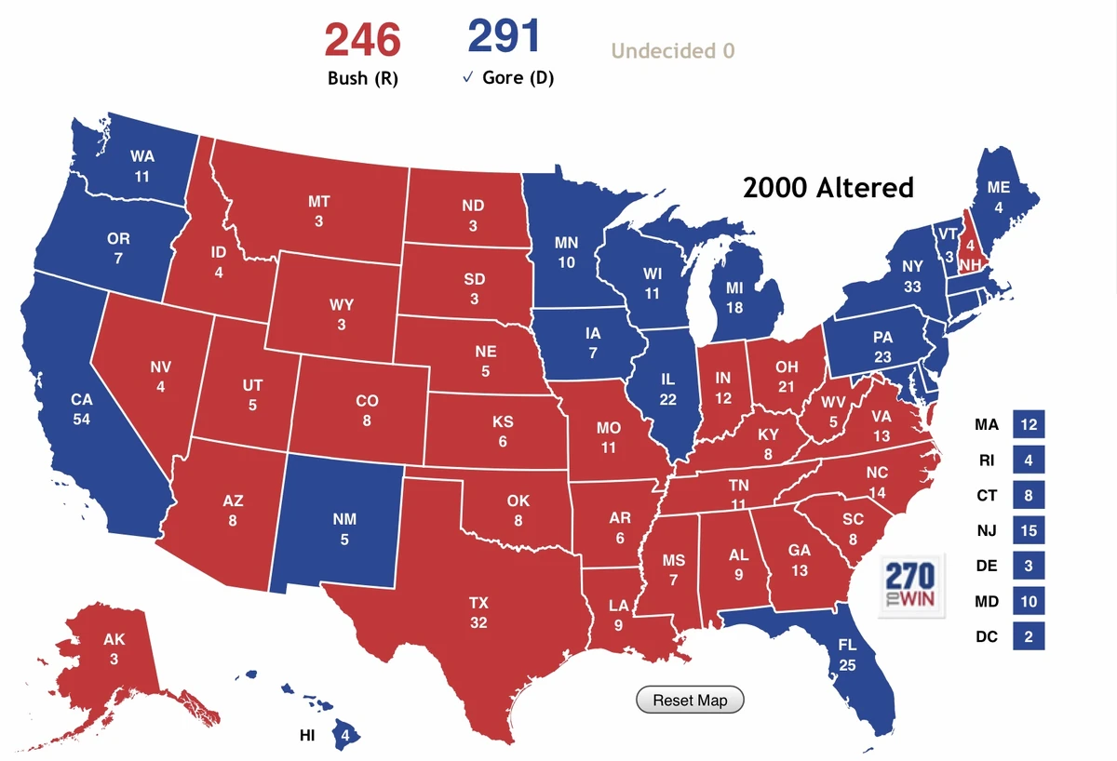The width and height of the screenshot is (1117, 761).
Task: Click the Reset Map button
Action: [690, 700]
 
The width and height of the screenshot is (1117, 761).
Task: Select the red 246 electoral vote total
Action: [362, 39]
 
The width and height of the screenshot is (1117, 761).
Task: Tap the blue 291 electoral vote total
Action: [505, 36]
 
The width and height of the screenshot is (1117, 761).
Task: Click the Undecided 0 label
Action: [673, 50]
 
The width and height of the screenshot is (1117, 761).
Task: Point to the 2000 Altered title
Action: [828, 188]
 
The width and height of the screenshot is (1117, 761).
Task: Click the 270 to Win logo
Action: [911, 585]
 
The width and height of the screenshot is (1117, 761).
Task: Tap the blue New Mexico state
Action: [343, 528]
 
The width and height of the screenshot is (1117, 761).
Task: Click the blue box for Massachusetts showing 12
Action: [1029, 424]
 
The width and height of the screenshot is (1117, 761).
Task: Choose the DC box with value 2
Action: [1029, 636]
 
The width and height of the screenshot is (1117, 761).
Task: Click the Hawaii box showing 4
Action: [345, 735]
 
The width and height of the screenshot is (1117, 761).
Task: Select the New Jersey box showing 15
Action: [1029, 530]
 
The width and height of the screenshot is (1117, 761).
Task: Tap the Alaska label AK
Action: [114, 641]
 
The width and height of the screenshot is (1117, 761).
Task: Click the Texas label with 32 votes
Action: [478, 612]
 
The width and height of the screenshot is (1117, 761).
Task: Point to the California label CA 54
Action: [82, 409]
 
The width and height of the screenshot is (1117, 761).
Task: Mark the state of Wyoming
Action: [341, 314]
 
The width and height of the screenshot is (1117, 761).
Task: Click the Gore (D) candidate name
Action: [518, 78]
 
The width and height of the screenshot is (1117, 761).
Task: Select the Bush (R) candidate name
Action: [362, 78]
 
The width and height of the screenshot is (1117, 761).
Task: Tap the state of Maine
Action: [999, 196]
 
